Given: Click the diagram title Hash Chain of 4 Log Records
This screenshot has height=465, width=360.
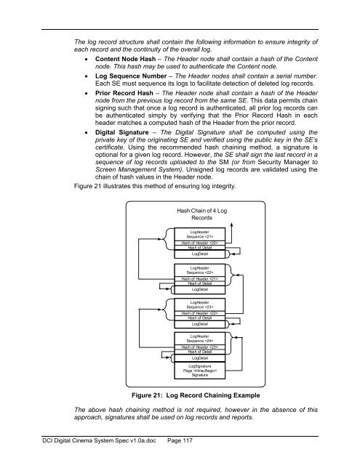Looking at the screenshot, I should [x=201, y=214].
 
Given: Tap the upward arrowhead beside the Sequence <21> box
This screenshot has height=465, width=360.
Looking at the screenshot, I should [x=231, y=226].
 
